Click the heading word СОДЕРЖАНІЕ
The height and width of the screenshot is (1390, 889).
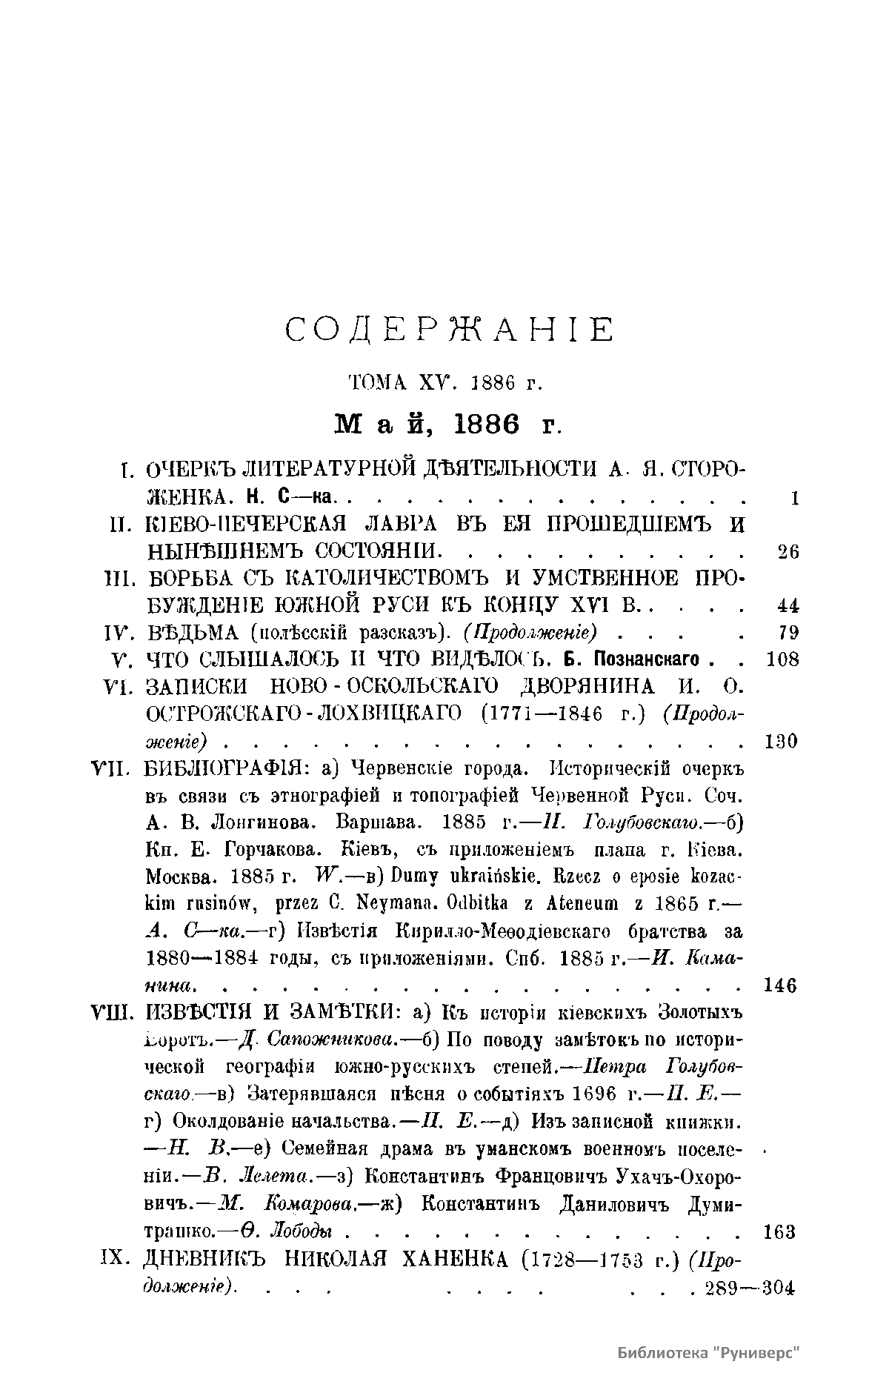pyautogui.click(x=450, y=330)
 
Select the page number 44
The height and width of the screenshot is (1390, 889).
pyautogui.click(x=788, y=605)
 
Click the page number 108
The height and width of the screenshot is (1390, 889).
pyautogui.click(x=782, y=659)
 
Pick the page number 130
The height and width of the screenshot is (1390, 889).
pyautogui.click(x=780, y=741)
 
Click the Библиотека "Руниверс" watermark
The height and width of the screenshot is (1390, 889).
pyautogui.click(x=710, y=1352)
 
